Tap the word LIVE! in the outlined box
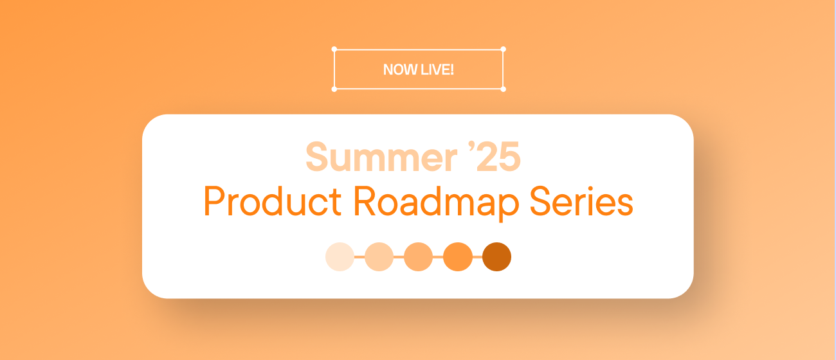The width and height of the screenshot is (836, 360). click(437, 69)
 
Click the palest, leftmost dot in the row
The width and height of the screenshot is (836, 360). click(340, 256)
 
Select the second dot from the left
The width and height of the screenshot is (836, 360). click(379, 256)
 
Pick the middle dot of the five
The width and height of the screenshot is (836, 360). click(418, 256)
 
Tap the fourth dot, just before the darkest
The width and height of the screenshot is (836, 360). click(457, 256)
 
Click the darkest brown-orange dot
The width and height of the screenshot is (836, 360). click(496, 256)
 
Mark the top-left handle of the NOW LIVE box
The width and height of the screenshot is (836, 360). click(334, 49)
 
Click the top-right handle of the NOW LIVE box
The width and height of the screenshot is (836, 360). click(503, 49)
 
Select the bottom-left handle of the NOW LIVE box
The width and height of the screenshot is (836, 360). click(334, 89)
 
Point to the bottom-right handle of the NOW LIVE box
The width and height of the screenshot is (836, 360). click(503, 89)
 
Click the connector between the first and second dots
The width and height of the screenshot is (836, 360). click(359, 256)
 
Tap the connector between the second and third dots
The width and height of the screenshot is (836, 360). click(399, 256)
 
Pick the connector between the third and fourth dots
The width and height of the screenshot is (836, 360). click(438, 256)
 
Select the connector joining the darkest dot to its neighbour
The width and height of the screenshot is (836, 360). click(477, 256)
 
